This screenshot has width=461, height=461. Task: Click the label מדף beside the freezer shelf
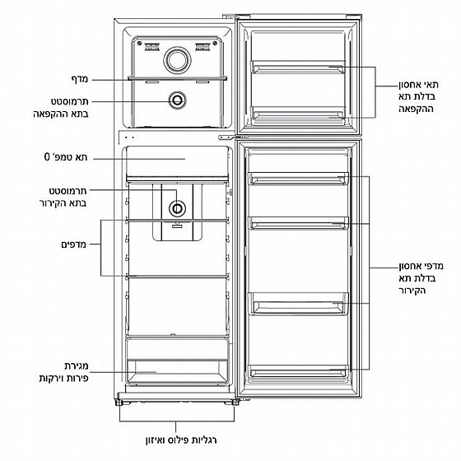click(x=80, y=79)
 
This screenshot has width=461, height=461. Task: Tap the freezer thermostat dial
click(x=177, y=100)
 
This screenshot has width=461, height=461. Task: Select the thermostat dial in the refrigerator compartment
click(x=177, y=208)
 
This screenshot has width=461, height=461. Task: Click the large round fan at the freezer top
click(x=177, y=60)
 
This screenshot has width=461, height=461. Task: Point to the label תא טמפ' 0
click(x=66, y=157)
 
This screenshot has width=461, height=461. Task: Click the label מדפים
click(x=74, y=244)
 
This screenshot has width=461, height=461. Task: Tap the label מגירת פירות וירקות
click(x=64, y=372)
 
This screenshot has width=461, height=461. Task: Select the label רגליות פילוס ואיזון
click(x=181, y=440)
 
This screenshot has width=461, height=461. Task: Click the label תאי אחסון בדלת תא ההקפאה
click(x=418, y=97)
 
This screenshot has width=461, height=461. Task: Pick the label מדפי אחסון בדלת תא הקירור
click(x=421, y=278)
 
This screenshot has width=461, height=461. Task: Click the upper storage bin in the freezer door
click(x=297, y=67)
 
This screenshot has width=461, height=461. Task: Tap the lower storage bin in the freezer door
click(x=297, y=113)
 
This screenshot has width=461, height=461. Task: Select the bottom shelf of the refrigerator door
click(x=298, y=371)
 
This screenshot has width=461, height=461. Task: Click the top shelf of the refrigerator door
click(x=298, y=179)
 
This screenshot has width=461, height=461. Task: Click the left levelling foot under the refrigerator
click(x=119, y=403)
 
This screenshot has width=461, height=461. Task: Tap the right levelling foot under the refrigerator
click(x=235, y=403)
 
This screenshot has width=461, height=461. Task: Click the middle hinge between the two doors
click(x=227, y=137)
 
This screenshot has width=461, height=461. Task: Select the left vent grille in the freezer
click(x=152, y=46)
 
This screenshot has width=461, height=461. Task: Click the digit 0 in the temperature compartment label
click(x=48, y=157)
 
